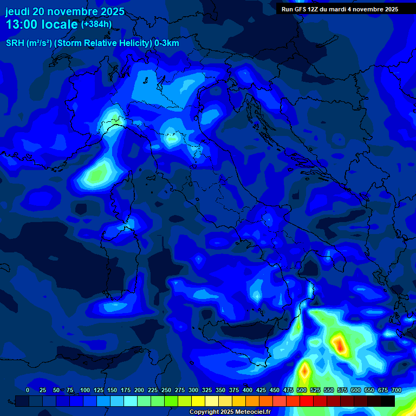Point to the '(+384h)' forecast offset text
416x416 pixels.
pos(96,24)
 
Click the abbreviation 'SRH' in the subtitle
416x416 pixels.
pos(15,43)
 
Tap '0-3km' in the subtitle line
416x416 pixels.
pos(167,43)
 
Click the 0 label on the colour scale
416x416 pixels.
pos(28,390)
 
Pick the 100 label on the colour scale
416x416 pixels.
pos(85,390)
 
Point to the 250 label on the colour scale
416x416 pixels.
pos(166,390)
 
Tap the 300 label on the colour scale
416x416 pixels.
pos(193,390)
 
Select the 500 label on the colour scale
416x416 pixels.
pos(302,390)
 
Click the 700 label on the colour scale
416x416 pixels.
pos(396,390)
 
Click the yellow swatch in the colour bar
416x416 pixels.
pos(198,401)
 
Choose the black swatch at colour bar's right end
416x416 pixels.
pos(388,401)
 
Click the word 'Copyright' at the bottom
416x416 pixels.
pos(205,412)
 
